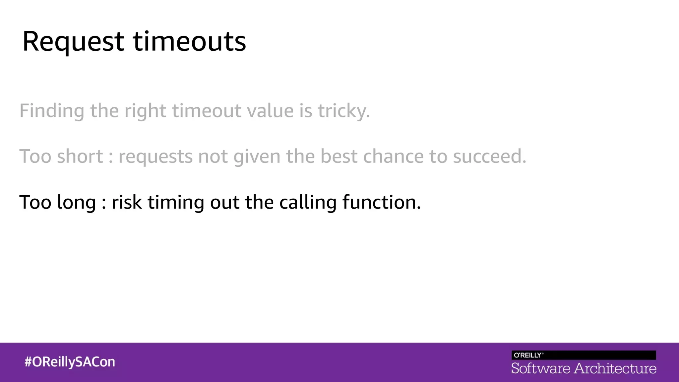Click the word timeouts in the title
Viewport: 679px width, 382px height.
pyautogui.click(x=189, y=42)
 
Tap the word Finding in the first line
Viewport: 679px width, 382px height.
pyautogui.click(x=52, y=111)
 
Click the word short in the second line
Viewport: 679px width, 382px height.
pyautogui.click(x=80, y=157)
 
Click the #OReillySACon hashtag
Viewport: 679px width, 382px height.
pyautogui.click(x=70, y=362)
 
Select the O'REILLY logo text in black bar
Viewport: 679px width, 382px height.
pyautogui.click(x=528, y=355)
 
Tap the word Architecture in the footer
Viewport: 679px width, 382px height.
pyautogui.click(x=615, y=369)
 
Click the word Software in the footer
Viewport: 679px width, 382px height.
pyautogui.click(x=540, y=369)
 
